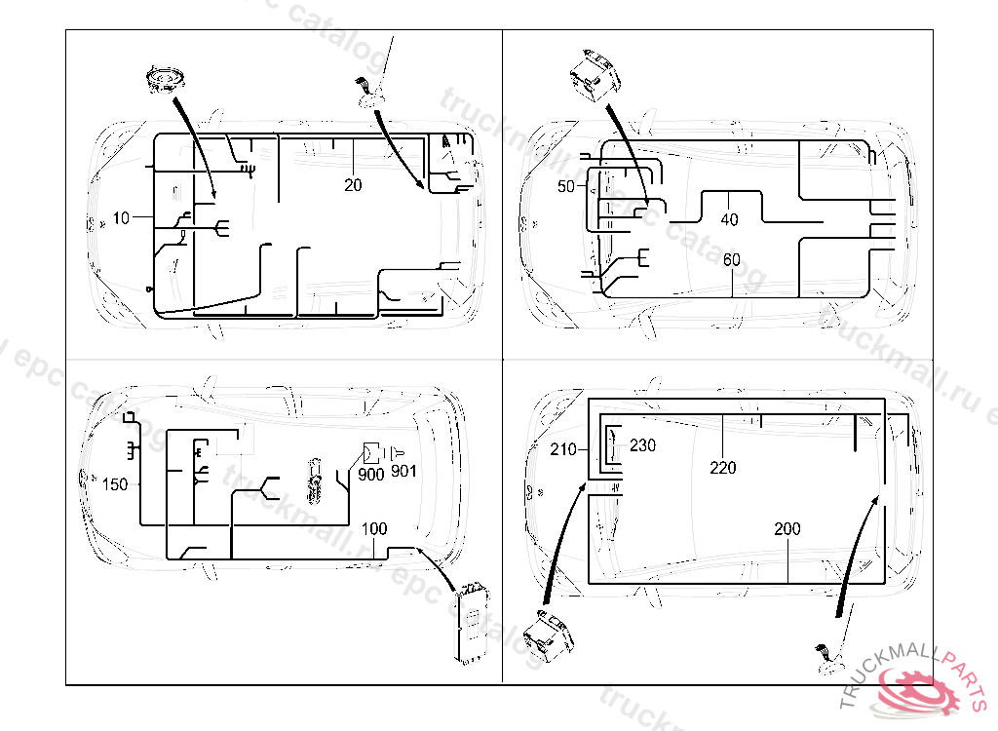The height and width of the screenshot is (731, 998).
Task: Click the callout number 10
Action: (120, 218)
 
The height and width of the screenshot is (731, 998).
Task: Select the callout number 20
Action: (353, 185)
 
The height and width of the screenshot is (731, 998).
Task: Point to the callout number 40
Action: (729, 220)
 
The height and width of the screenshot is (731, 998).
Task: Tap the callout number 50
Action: (566, 187)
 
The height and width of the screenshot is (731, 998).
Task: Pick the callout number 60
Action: (732, 260)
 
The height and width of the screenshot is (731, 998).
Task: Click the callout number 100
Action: (374, 529)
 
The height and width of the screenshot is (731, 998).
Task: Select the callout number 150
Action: (115, 484)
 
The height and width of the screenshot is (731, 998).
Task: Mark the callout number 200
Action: (787, 529)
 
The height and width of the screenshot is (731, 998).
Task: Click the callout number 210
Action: (563, 449)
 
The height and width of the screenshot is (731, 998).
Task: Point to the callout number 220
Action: (723, 468)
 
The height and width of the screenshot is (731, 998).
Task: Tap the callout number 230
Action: (643, 445)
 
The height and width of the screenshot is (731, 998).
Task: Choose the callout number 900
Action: (370, 475)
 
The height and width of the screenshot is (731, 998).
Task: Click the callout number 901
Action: (403, 472)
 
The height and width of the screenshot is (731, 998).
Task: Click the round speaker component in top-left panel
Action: (163, 80)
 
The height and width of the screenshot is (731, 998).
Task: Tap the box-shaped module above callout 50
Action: (593, 76)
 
